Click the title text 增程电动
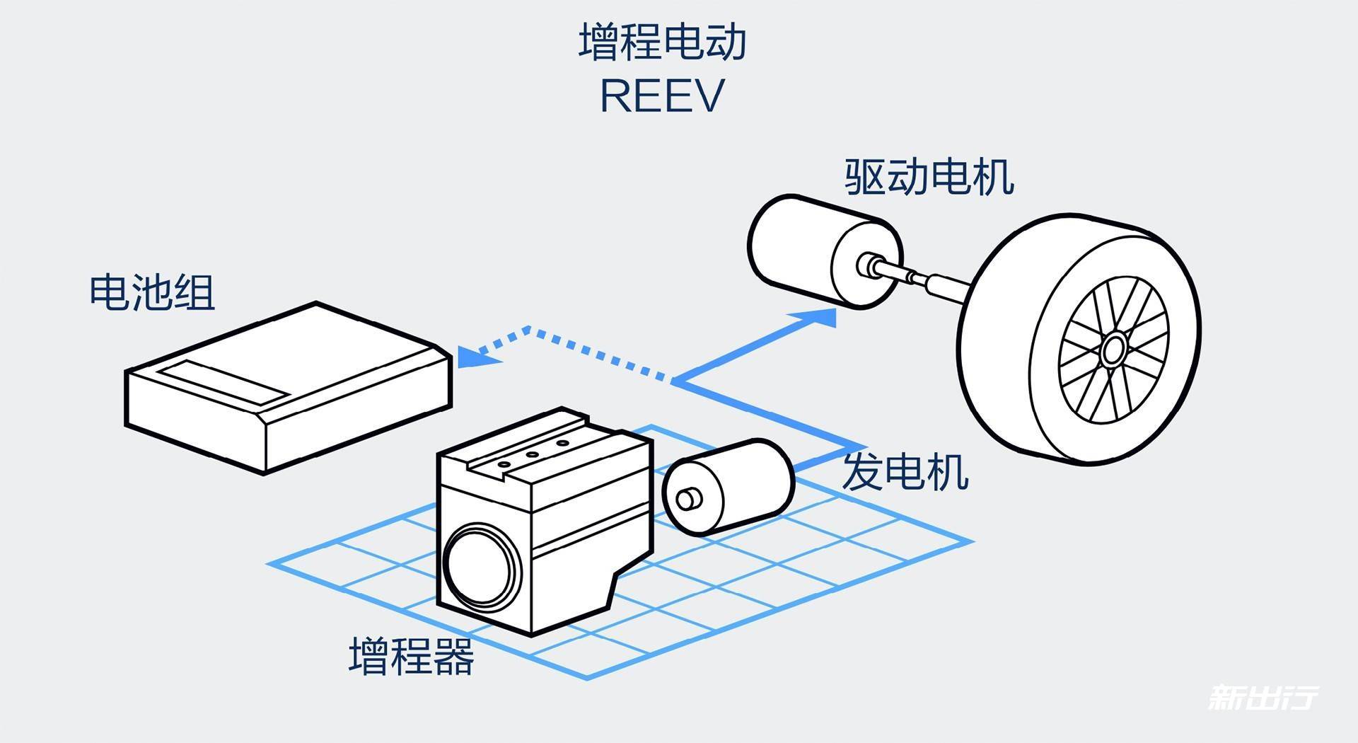(663, 42)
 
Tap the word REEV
(663, 96)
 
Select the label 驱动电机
(929, 177)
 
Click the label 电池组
(152, 292)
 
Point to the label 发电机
(905, 472)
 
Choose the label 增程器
(411, 656)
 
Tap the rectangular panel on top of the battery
(223, 381)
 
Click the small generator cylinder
(736, 481)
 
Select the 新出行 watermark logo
(1263, 697)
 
